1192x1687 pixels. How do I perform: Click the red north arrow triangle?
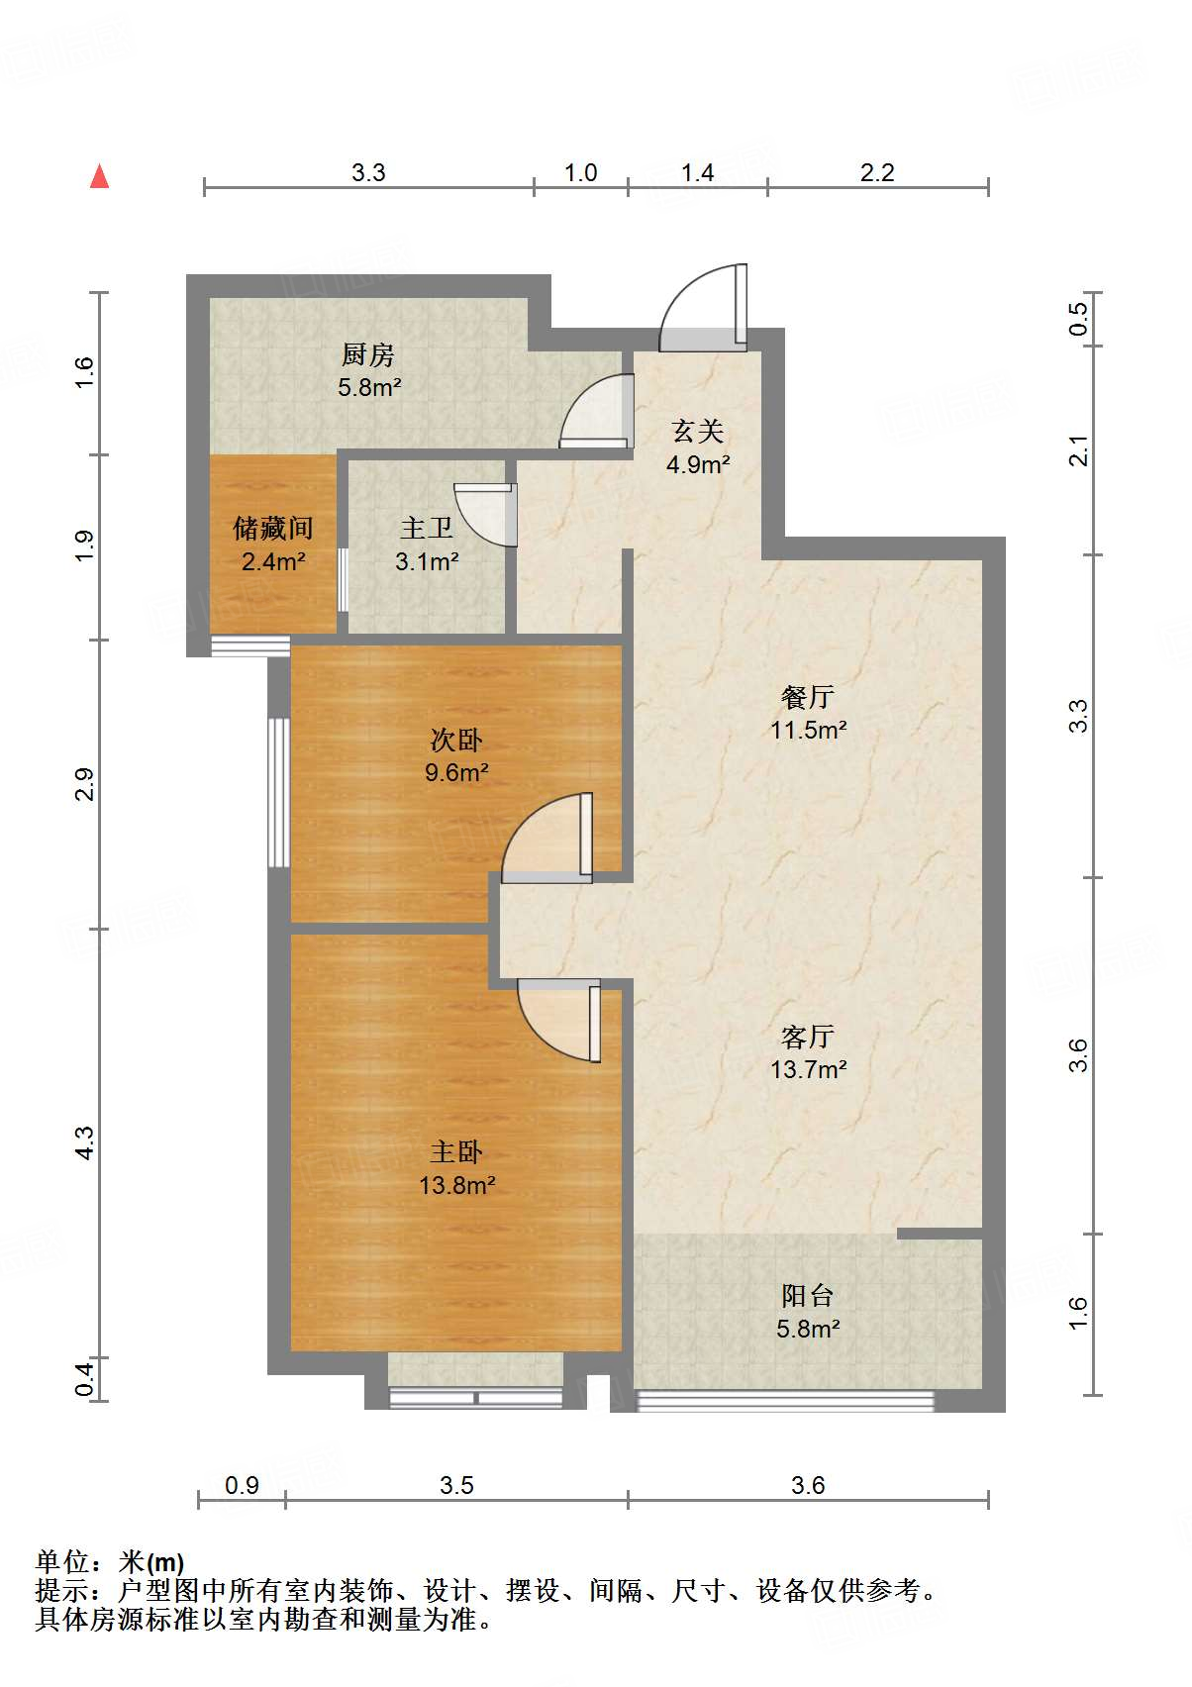pyautogui.click(x=99, y=176)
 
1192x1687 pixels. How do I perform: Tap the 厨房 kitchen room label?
pyautogui.click(x=367, y=354)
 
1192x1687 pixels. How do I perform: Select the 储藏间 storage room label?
pyautogui.click(x=272, y=529)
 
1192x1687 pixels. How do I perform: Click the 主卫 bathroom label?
pyautogui.click(x=427, y=529)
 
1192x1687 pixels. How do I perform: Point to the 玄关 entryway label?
pyautogui.click(x=698, y=432)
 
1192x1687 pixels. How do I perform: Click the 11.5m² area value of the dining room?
pyautogui.click(x=808, y=731)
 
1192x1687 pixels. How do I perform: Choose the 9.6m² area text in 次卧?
pyautogui.click(x=456, y=773)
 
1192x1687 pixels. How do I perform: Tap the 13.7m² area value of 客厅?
pyautogui.click(x=808, y=1070)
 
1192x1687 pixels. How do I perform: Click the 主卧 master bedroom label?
pyautogui.click(x=456, y=1152)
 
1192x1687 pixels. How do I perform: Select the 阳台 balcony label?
pyautogui.click(x=808, y=1296)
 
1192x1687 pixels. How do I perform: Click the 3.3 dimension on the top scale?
pyautogui.click(x=368, y=173)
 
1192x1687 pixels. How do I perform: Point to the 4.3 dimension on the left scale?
pyautogui.click(x=85, y=1143)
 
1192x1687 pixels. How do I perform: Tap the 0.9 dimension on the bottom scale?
pyautogui.click(x=242, y=1485)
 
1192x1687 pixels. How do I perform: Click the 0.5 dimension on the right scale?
pyautogui.click(x=1078, y=319)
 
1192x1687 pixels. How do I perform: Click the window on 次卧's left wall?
pyautogui.click(x=279, y=792)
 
